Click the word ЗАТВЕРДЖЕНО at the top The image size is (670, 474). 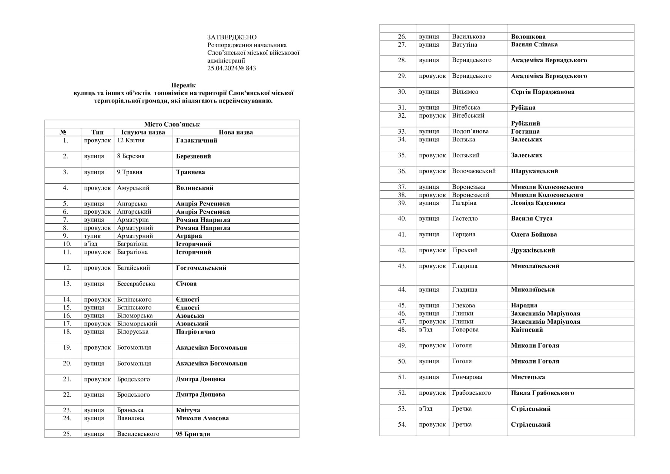[232, 37]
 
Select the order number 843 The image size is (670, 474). [251, 68]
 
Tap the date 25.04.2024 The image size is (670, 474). [222, 68]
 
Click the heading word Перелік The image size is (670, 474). [183, 86]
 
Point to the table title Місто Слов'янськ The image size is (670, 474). [172, 124]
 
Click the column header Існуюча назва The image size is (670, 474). [143, 132]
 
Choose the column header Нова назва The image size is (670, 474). [236, 132]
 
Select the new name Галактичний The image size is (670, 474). [197, 140]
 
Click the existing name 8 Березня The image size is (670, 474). [131, 156]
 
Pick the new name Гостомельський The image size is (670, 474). [201, 268]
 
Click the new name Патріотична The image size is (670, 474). [195, 331]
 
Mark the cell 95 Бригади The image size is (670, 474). [193, 434]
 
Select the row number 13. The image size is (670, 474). [67, 284]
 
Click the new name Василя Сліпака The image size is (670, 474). [534, 44]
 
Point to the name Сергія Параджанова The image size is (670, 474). [542, 92]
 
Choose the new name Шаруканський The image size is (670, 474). [534, 171]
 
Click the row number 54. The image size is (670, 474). [402, 424]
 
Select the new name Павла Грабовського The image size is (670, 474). [542, 393]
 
